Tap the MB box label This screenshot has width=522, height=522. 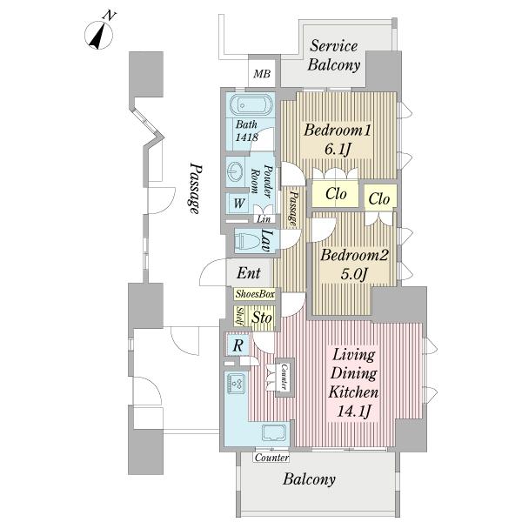261,74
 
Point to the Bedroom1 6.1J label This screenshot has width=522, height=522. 338,140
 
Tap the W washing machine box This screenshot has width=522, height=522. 238,203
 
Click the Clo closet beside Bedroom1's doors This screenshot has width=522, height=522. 336,194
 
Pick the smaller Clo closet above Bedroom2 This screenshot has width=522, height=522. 379,197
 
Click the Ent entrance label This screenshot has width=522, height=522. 248,272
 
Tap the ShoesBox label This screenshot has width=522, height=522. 255,294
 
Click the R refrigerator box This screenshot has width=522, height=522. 237,345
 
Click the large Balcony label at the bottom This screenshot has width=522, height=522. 309,479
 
